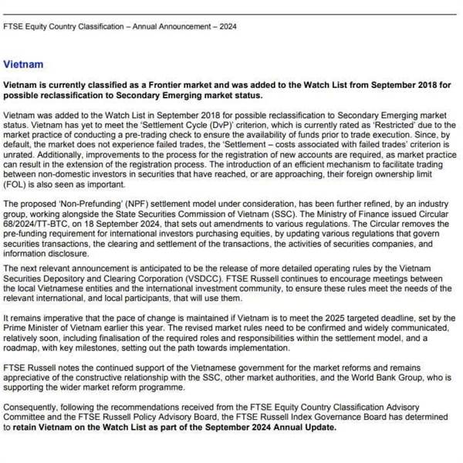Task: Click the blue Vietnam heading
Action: point(23,65)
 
